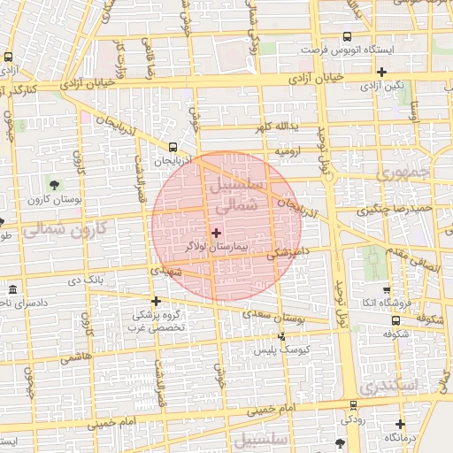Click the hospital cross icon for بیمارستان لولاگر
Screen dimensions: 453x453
(x=216, y=232)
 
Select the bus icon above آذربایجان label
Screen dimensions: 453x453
(x=173, y=147)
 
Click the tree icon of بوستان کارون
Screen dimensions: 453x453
(x=56, y=185)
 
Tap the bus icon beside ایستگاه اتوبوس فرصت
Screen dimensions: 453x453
(x=346, y=37)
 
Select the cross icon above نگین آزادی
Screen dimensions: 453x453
(x=381, y=73)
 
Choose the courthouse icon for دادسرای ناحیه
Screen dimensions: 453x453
(x=12, y=290)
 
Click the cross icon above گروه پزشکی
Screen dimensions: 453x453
(x=157, y=301)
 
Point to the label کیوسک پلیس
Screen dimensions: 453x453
(x=279, y=350)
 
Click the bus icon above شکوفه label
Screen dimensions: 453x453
(x=388, y=321)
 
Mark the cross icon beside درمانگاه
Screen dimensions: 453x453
(x=400, y=425)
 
